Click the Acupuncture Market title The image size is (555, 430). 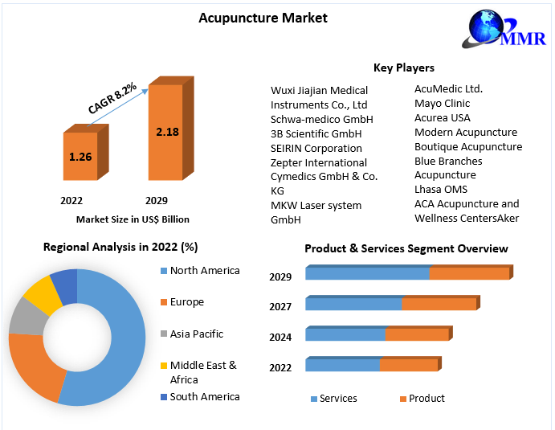[x=263, y=18]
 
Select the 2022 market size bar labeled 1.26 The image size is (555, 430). [x=80, y=156]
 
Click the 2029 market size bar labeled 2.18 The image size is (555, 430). [x=166, y=131]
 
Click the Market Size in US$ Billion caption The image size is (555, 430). [x=133, y=219]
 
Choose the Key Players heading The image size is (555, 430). [x=404, y=68]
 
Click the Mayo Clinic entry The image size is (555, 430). [x=443, y=103]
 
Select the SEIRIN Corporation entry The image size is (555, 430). [x=316, y=148]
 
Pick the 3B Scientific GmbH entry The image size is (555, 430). [x=316, y=133]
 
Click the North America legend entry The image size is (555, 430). [x=205, y=270]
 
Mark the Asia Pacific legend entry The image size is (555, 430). [x=197, y=334]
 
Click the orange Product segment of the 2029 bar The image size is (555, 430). [x=469, y=273]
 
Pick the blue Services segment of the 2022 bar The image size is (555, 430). [x=343, y=365]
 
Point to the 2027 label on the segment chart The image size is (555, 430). [x=281, y=306]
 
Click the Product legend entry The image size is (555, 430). [x=426, y=398]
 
